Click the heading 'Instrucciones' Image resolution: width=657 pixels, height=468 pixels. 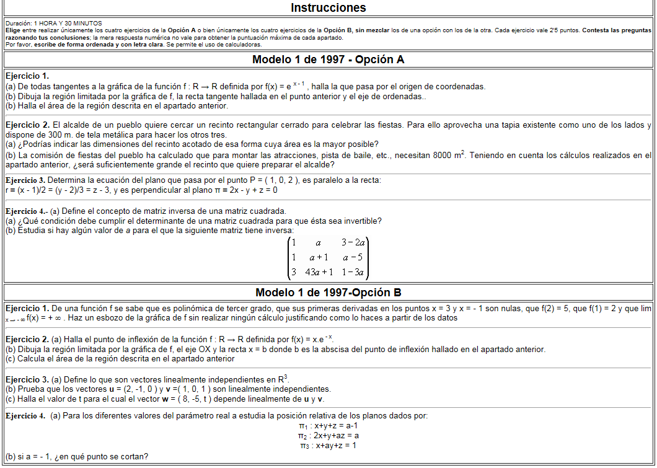328,8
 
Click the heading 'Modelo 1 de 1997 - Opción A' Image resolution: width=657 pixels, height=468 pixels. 328,60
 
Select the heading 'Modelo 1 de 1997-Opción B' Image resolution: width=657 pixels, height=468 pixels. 328,293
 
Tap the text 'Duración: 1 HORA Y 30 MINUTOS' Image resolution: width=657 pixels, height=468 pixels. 53,23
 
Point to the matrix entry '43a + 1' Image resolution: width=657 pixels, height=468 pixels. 319,272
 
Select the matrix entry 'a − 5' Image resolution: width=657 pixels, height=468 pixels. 353,257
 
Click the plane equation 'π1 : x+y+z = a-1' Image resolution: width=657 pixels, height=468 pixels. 328,426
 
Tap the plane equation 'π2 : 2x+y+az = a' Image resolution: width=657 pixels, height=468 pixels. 328,436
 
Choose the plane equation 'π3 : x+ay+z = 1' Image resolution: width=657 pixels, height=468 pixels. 328,446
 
